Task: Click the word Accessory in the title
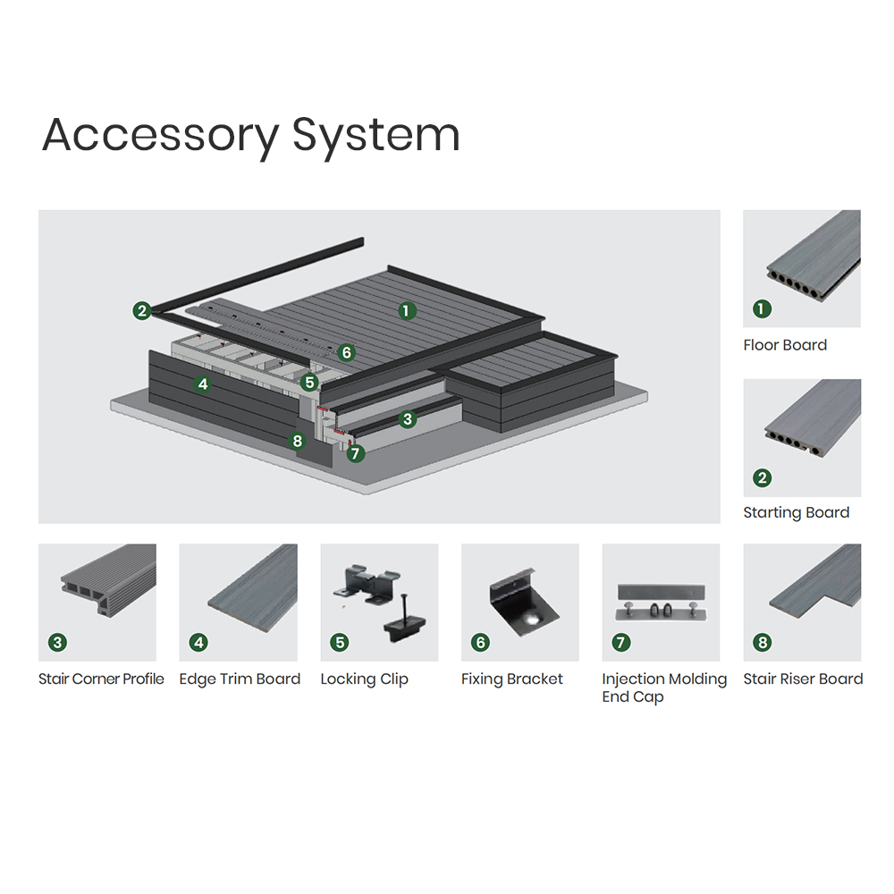tap(160, 136)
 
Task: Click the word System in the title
tap(376, 136)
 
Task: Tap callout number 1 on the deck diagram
tap(407, 311)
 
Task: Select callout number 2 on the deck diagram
tap(142, 311)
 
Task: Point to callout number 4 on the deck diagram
tap(203, 384)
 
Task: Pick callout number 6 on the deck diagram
tap(346, 352)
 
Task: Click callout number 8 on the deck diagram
tap(297, 441)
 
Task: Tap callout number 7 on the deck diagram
tap(356, 453)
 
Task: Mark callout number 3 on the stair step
tap(407, 419)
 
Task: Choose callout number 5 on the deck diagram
tap(309, 382)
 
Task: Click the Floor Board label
tap(785, 345)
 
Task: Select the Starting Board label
tap(797, 513)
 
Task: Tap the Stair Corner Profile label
tap(101, 679)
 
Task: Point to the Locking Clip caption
tap(365, 679)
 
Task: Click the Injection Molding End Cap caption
tap(664, 688)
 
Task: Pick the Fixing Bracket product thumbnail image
tap(520, 602)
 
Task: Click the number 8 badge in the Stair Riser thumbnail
tap(763, 643)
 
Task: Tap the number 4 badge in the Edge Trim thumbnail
tap(198, 643)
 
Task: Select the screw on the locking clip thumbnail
tap(405, 608)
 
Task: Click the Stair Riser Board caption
tap(804, 679)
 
